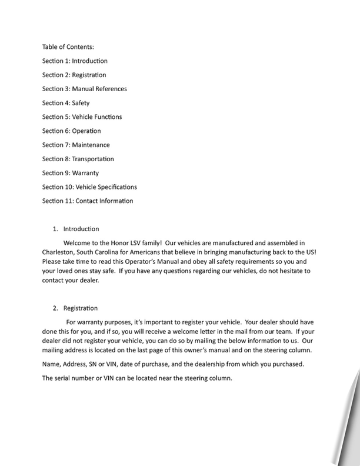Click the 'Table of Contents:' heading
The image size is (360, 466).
tap(68, 46)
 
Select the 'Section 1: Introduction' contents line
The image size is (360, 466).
tap(75, 61)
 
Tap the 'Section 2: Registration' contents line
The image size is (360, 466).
tap(74, 75)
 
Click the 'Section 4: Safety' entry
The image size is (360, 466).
tap(66, 103)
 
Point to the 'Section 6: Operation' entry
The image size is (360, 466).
tap(71, 131)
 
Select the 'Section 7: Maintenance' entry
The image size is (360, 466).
tap(76, 145)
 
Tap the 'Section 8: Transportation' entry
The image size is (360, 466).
tap(78, 159)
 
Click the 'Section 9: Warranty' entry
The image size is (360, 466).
tap(71, 173)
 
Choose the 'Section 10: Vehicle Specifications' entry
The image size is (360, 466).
tap(89, 187)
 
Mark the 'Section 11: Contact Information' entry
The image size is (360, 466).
tap(88, 201)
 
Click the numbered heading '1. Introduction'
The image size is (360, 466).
tap(76, 229)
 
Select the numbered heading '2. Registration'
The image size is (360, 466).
tap(76, 308)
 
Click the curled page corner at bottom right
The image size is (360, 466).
tap(349, 435)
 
